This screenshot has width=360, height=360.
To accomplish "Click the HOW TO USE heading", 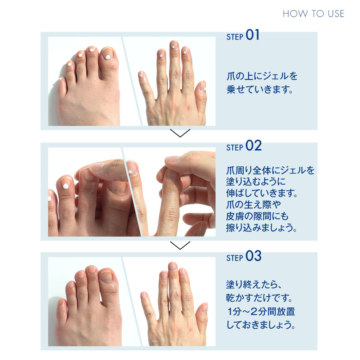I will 313,14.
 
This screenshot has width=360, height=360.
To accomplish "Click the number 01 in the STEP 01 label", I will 252,36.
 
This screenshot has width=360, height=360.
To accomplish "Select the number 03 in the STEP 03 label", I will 253,257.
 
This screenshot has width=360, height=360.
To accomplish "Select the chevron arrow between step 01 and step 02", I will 180,134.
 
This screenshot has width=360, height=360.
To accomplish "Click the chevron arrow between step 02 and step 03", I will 180,246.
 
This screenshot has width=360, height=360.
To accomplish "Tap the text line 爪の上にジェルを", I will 262,76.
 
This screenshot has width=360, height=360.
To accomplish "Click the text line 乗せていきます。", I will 259,89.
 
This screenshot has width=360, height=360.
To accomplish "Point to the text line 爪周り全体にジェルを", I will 270,170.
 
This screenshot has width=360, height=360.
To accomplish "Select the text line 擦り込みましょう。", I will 262,228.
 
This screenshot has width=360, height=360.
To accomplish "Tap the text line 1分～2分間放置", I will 261,312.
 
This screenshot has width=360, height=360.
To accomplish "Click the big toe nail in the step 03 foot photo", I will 106,276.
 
